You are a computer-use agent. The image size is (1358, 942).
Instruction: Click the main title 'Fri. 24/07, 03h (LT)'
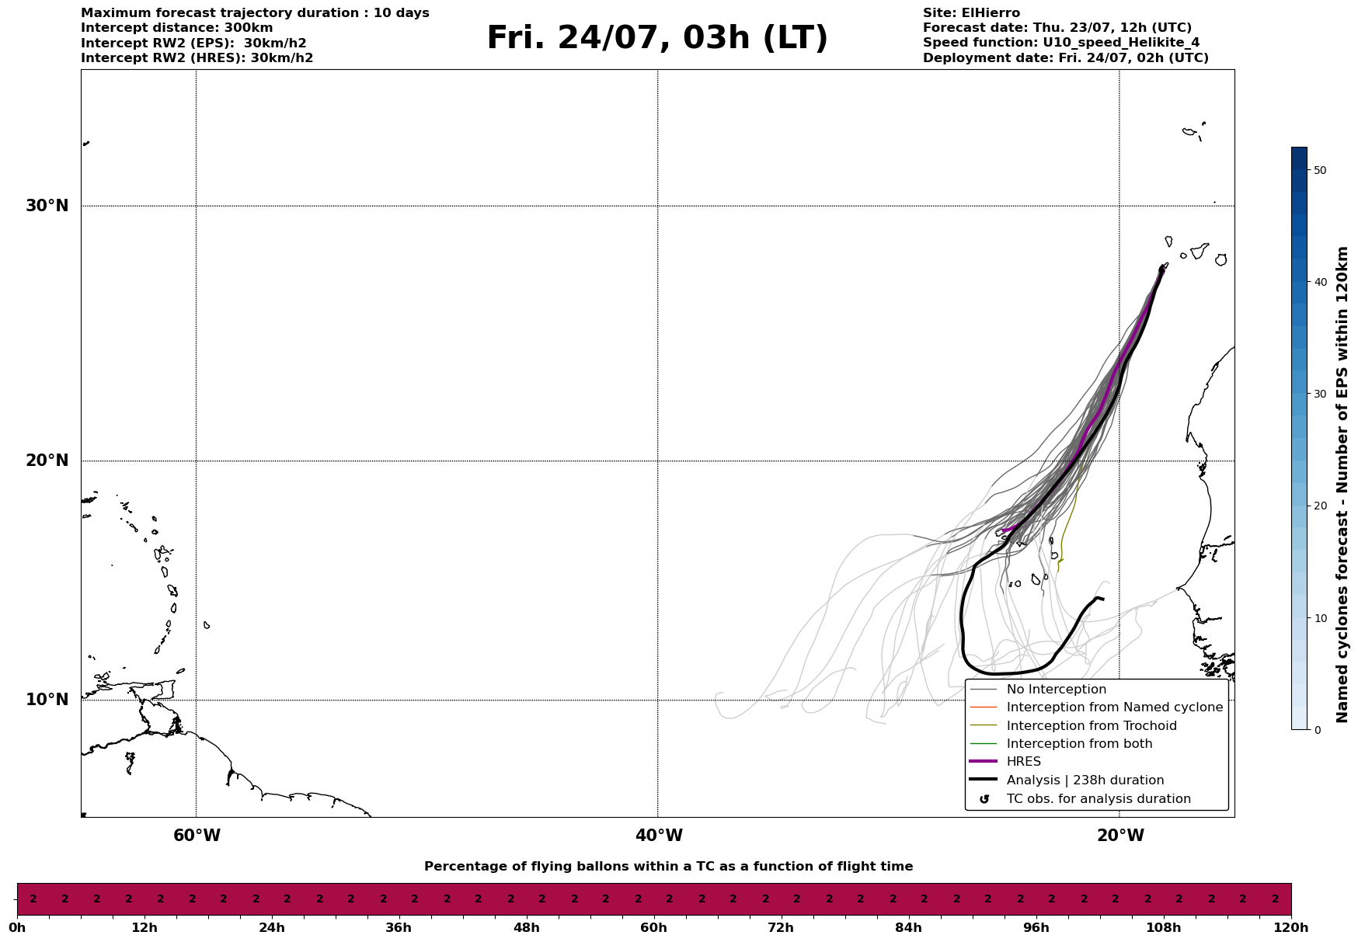click(x=657, y=38)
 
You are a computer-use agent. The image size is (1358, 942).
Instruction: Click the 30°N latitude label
click(x=47, y=206)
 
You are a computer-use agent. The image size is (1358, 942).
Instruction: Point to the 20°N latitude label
click(x=47, y=461)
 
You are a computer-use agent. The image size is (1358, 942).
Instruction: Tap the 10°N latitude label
click(x=47, y=700)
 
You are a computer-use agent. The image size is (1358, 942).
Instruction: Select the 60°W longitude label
click(x=197, y=836)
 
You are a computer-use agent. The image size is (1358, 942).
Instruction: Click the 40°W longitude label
click(x=659, y=836)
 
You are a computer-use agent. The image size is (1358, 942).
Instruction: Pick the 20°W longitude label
click(x=1120, y=836)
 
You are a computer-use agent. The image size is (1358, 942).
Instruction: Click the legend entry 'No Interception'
click(x=1057, y=690)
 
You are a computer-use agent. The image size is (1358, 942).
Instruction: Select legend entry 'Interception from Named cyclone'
click(x=1115, y=707)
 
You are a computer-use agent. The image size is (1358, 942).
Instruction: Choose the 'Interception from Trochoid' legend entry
click(x=1092, y=726)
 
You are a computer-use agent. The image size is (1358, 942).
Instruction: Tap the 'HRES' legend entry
click(x=1024, y=762)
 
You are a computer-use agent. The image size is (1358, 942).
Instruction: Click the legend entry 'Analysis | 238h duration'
click(x=1085, y=780)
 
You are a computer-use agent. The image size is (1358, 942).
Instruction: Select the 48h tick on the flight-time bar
click(x=526, y=927)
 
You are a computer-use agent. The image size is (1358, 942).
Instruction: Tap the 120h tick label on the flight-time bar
click(x=1291, y=927)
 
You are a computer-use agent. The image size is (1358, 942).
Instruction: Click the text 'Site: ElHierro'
click(x=971, y=13)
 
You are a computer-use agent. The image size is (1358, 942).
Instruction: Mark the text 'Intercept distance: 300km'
click(x=177, y=28)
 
